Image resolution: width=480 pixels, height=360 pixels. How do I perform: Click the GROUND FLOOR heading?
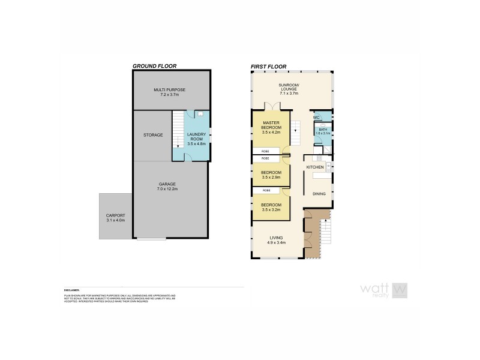click(154, 65)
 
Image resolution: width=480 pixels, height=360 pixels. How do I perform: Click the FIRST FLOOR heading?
click(269, 65)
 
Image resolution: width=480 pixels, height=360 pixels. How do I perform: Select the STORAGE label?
click(153, 135)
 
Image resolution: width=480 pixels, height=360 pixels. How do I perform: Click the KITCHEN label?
click(315, 167)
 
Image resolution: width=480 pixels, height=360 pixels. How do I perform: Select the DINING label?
click(319, 193)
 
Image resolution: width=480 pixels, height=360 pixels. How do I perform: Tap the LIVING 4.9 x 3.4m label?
click(276, 241)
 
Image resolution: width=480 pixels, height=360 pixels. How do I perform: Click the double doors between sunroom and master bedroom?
click(274, 106)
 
